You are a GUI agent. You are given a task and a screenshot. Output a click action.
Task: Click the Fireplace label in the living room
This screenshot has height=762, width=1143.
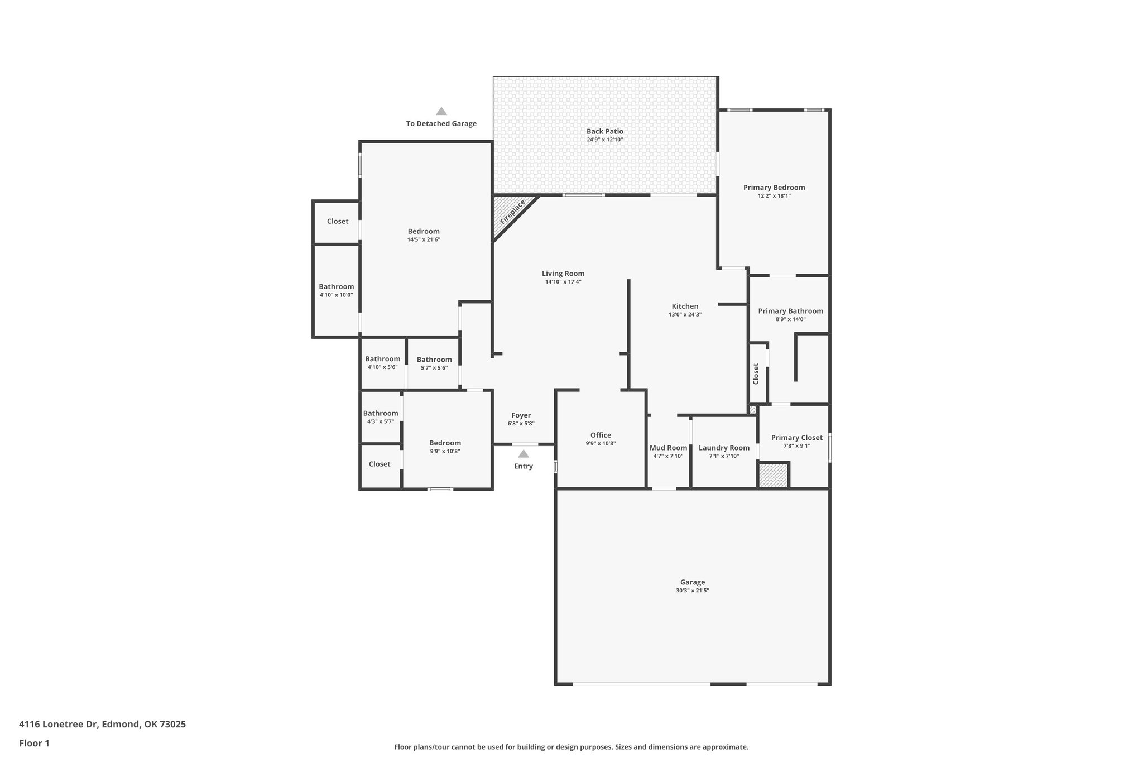[512, 213]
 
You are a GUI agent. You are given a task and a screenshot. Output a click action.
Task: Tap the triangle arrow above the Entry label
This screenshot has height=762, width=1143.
[523, 454]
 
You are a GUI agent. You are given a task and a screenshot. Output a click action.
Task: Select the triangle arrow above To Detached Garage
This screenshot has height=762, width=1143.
[441, 111]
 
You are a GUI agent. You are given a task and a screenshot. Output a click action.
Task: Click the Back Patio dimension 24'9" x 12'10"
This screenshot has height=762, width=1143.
[604, 140]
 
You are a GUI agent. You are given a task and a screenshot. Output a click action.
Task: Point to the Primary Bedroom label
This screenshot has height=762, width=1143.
[774, 188]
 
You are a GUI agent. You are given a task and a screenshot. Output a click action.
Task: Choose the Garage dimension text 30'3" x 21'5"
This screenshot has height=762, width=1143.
[692, 590]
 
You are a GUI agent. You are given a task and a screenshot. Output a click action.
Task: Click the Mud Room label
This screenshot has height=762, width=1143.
[668, 448]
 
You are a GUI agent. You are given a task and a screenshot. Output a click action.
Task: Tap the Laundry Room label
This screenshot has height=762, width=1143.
[724, 448]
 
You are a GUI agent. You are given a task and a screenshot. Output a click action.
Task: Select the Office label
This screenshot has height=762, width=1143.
[601, 435]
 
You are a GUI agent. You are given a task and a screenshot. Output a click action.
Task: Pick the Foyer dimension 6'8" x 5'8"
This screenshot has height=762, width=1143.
[521, 423]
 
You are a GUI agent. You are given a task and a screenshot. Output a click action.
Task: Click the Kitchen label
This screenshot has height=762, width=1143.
[685, 306]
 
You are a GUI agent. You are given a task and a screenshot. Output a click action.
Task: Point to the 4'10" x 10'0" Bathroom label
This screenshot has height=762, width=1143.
[336, 286]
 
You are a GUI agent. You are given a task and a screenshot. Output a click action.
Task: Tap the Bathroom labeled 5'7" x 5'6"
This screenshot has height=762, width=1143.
[434, 360]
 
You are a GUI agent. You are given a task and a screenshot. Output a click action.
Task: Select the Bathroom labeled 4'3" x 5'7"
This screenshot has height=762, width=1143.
[381, 414]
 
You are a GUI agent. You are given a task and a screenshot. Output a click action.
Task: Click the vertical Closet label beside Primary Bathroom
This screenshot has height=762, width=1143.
[756, 373]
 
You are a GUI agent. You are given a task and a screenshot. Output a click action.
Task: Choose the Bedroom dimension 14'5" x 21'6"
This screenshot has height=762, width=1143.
[424, 239]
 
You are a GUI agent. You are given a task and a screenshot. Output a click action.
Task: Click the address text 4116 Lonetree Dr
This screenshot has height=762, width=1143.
[59, 725]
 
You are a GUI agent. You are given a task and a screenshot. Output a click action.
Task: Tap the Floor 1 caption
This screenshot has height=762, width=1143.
[35, 743]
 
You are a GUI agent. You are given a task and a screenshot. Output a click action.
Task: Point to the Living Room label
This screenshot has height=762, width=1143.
[563, 274]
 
